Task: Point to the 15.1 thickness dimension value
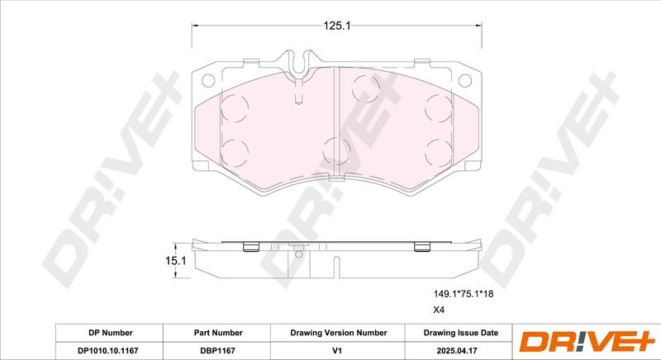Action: click(x=175, y=261)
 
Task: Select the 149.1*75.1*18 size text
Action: click(x=464, y=294)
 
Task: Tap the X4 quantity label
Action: click(x=440, y=310)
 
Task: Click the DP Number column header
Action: click(x=111, y=333)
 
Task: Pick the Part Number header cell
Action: click(x=218, y=333)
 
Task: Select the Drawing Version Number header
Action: click(x=338, y=333)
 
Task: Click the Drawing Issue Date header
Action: click(x=461, y=333)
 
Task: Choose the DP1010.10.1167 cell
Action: click(x=108, y=350)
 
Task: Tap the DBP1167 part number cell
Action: click(x=218, y=350)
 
